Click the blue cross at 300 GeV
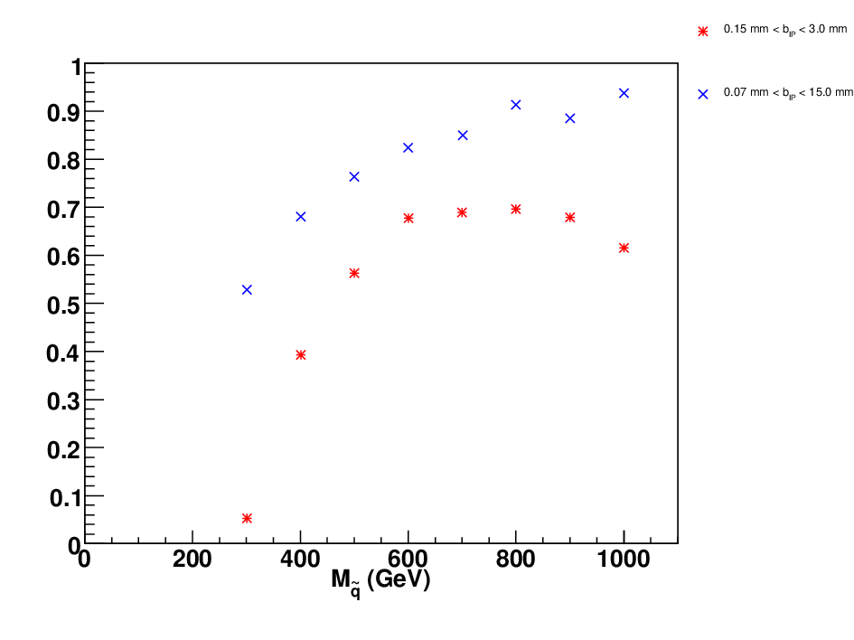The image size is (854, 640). click(247, 290)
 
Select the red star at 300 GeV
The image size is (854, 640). click(247, 519)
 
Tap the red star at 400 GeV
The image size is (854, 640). click(301, 355)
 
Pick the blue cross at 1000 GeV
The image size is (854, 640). click(624, 93)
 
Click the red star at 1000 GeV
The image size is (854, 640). click(624, 248)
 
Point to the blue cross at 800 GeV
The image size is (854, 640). click(516, 105)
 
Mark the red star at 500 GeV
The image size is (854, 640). click(354, 273)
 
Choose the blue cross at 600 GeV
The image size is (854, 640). click(408, 147)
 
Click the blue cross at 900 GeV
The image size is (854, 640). click(570, 118)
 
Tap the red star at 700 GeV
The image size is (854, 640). click(462, 212)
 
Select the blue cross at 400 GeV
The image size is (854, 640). click(301, 217)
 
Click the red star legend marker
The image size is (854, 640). click(703, 32)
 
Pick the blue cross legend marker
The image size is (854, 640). click(703, 94)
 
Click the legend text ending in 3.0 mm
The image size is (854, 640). click(785, 30)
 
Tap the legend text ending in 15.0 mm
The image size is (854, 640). click(788, 92)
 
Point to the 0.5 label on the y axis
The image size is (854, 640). click(63, 306)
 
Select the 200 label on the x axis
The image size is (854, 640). click(192, 560)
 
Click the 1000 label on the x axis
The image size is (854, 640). click(624, 560)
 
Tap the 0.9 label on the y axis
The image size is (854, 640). click(63, 113)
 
